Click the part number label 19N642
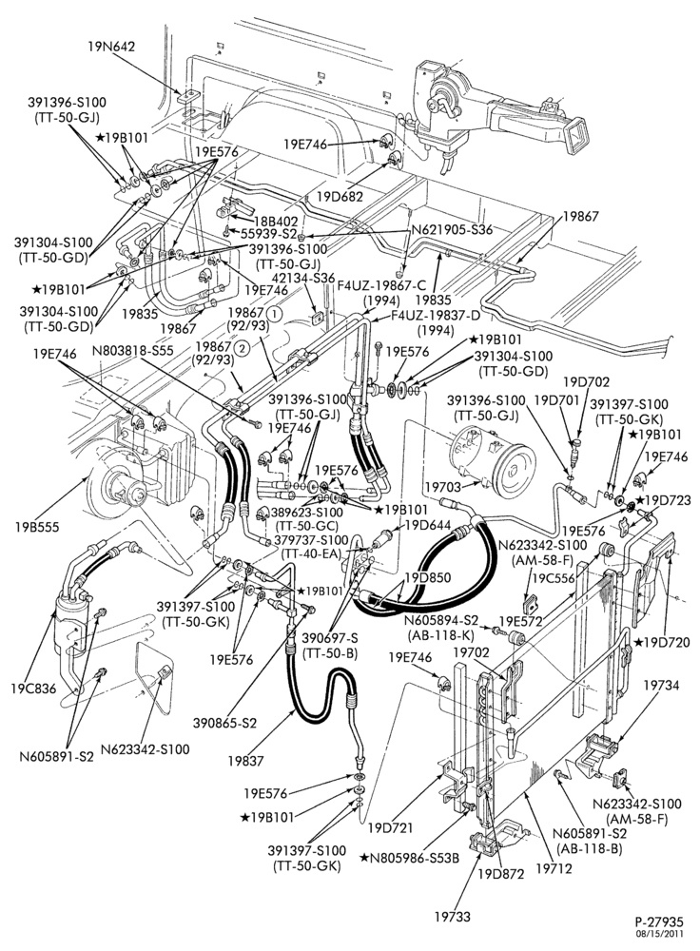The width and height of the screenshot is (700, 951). (110, 46)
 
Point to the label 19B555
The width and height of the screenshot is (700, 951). (38, 527)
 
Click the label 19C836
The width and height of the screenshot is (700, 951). (33, 689)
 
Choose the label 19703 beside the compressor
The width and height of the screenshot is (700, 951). (443, 486)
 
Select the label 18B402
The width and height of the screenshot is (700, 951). (277, 221)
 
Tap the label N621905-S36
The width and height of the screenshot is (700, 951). (452, 230)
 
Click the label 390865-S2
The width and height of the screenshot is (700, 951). (225, 723)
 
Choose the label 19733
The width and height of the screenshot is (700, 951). (453, 917)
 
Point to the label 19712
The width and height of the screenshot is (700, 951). (554, 868)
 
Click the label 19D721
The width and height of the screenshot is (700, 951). (390, 827)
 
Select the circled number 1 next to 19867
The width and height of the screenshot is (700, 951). (274, 314)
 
